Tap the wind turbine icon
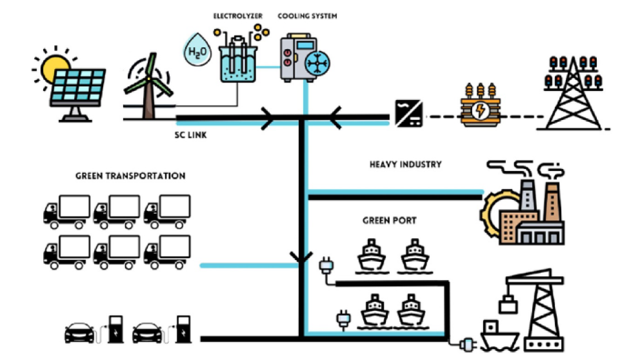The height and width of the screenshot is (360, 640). pyautogui.click(x=149, y=87)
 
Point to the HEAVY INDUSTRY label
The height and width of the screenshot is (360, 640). pyautogui.click(x=405, y=165)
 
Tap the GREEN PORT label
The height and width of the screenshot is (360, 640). pyautogui.click(x=389, y=221)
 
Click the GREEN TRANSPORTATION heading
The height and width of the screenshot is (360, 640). pyautogui.click(x=130, y=175)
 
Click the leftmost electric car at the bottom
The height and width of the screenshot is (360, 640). pyautogui.click(x=80, y=333)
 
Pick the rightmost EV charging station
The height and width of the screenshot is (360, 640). pyautogui.click(x=183, y=328)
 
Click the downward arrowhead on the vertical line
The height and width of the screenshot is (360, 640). pyautogui.click(x=301, y=257)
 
